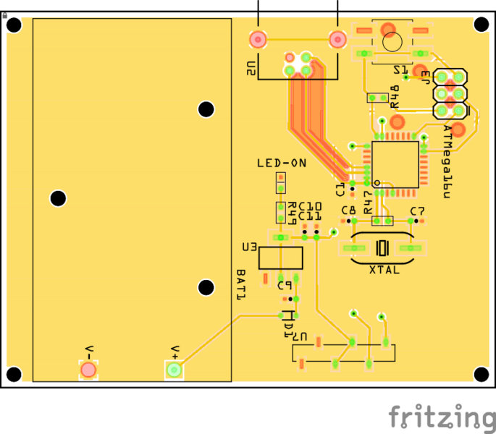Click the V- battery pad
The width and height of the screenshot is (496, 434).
[x=88, y=370]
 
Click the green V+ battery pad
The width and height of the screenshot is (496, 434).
[x=174, y=370]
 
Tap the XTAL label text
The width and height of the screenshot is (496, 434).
[x=384, y=270]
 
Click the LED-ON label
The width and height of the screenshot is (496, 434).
[x=281, y=163]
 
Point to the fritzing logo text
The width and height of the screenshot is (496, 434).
[x=439, y=417]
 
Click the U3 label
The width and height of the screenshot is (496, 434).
[x=249, y=247]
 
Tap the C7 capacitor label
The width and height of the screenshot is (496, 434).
[x=417, y=211]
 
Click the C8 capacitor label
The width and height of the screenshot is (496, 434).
[x=348, y=211]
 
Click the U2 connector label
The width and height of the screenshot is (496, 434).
[x=250, y=69]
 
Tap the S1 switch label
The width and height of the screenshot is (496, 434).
[x=400, y=69]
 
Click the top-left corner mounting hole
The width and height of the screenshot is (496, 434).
[x=13, y=25]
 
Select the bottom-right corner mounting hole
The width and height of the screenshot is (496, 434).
[x=481, y=373]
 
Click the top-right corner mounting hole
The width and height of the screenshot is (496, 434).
[x=481, y=25]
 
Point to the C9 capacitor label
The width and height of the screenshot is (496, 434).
[x=284, y=285]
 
